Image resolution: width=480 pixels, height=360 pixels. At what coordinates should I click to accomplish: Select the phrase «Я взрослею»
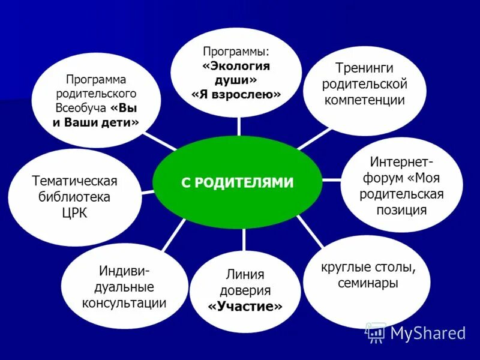236,95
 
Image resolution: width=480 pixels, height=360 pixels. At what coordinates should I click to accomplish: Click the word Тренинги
365,67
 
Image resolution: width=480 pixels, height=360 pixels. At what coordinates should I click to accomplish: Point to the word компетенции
365,99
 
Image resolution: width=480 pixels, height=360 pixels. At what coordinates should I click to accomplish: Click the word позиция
401,209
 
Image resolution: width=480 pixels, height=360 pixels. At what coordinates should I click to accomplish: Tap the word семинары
367,283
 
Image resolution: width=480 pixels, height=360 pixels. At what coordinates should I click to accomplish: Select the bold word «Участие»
245,307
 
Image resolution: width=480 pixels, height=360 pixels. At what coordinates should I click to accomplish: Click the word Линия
245,275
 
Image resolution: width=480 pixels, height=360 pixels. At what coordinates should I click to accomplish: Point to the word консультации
124,302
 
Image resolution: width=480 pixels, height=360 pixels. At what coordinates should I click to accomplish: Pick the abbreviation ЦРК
75,213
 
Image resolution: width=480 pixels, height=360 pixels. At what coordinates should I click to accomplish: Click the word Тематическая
74,181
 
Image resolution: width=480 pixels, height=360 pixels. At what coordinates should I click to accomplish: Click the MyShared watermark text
428,333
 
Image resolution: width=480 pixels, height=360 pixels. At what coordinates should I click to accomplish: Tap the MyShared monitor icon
376,332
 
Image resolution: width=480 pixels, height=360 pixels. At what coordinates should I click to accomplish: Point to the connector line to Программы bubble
239,127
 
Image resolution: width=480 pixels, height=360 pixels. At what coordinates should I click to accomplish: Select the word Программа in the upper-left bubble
96,79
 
